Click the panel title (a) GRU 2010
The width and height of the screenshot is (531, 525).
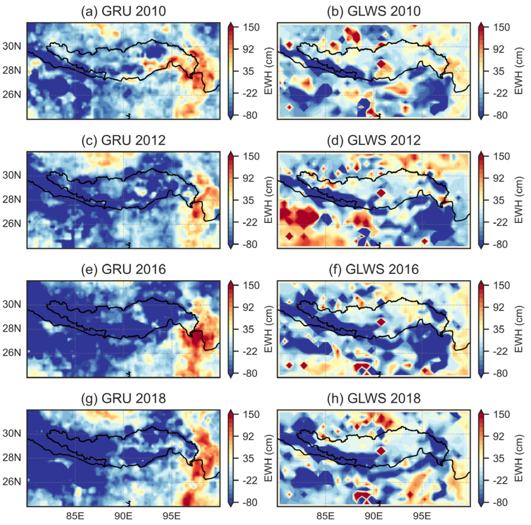[x=123, y=12]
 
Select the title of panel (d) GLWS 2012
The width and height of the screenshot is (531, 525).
[x=374, y=141]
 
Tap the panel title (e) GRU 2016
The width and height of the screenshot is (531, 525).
[x=123, y=270]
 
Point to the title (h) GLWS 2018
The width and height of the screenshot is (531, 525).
[x=374, y=399]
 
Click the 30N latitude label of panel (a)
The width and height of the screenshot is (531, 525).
[x=12, y=46]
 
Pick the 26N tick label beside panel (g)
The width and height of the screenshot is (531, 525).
[x=12, y=481]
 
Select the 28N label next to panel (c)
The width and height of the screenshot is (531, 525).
[x=12, y=199]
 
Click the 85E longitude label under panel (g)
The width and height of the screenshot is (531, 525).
[x=75, y=516]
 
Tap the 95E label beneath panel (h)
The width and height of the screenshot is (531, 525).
[x=422, y=516]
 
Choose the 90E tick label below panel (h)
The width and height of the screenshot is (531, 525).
[x=374, y=516]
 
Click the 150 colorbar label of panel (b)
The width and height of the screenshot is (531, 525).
[x=501, y=27]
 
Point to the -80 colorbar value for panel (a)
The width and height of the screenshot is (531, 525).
[x=250, y=115]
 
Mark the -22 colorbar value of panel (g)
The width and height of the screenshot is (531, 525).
[x=250, y=480]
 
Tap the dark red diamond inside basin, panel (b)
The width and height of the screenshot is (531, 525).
[x=381, y=64]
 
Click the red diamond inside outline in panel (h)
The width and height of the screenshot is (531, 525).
[x=381, y=451]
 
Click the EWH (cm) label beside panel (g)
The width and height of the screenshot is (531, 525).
[x=268, y=458]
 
